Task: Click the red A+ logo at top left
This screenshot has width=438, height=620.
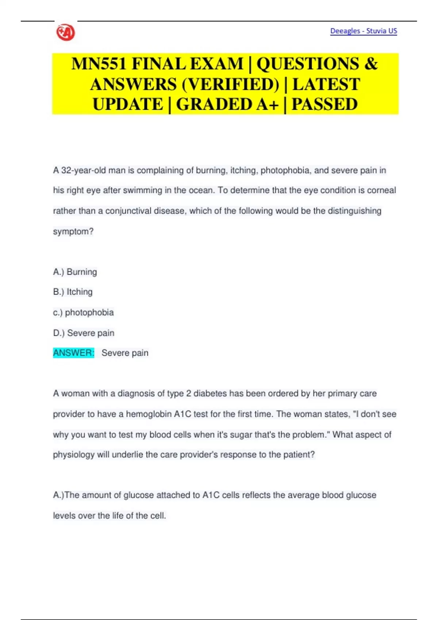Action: point(66,32)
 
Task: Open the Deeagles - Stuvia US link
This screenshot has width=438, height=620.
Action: point(363,31)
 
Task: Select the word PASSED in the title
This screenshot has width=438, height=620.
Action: point(324,105)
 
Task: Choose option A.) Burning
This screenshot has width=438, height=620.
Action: point(75,272)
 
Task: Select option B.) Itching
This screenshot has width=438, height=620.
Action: point(73,292)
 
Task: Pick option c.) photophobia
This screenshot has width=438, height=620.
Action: point(84,313)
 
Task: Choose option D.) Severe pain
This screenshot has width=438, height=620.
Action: point(84,333)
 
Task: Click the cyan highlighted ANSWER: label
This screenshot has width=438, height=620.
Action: point(74,353)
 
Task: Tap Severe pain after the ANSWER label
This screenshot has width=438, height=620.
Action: point(125,353)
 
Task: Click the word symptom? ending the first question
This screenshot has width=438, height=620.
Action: point(73,232)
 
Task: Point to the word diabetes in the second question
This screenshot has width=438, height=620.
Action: point(212,394)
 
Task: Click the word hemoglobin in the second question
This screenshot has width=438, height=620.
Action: point(149,414)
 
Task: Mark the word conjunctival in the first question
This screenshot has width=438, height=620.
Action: point(128,211)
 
